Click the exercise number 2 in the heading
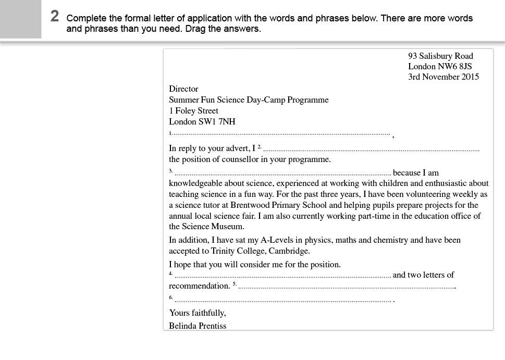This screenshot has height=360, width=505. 55,17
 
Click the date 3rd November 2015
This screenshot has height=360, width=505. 443,77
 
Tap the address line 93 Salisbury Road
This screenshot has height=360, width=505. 440,56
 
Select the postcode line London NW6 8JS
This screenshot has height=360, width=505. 440,67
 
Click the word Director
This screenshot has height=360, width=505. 183,89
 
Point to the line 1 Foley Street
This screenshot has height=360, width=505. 193,111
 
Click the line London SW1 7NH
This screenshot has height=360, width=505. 202,122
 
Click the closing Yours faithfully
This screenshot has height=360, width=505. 197,313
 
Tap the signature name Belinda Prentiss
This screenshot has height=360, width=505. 198,326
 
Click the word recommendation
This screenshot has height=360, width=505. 199,286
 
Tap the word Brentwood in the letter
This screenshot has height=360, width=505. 250,205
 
